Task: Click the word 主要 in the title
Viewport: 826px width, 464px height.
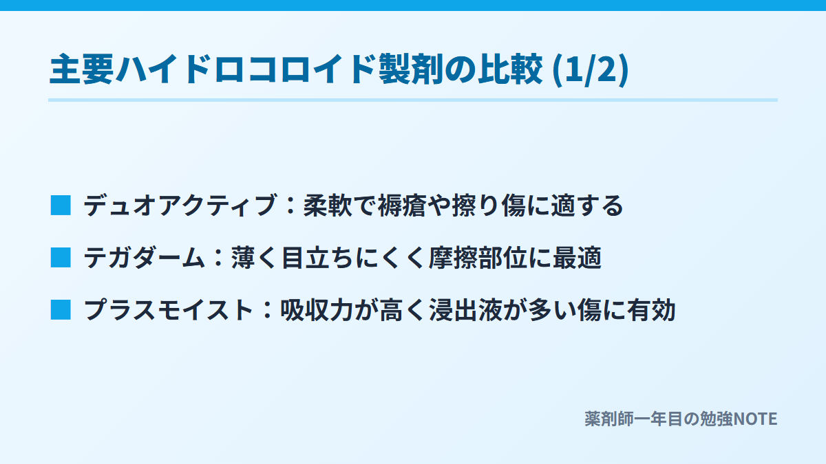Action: click(81, 69)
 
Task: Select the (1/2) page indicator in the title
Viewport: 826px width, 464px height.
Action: click(591, 70)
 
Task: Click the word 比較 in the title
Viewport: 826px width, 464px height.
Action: click(511, 69)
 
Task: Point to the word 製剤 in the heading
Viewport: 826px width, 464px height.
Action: click(411, 69)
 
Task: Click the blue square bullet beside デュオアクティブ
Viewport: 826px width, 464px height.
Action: click(61, 205)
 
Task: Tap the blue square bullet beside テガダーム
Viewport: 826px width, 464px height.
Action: click(61, 257)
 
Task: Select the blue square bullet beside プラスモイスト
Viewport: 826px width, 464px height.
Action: click(61, 310)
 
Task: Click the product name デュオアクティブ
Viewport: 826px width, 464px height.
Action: click(180, 205)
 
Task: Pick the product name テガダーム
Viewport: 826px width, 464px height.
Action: click(144, 257)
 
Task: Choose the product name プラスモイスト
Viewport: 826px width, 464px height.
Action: click(168, 310)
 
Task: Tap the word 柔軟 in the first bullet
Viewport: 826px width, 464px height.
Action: click(328, 205)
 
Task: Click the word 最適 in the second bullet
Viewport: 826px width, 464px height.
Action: click(577, 257)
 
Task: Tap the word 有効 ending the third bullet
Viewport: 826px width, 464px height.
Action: click(651, 310)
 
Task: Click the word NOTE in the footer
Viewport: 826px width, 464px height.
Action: click(755, 419)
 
